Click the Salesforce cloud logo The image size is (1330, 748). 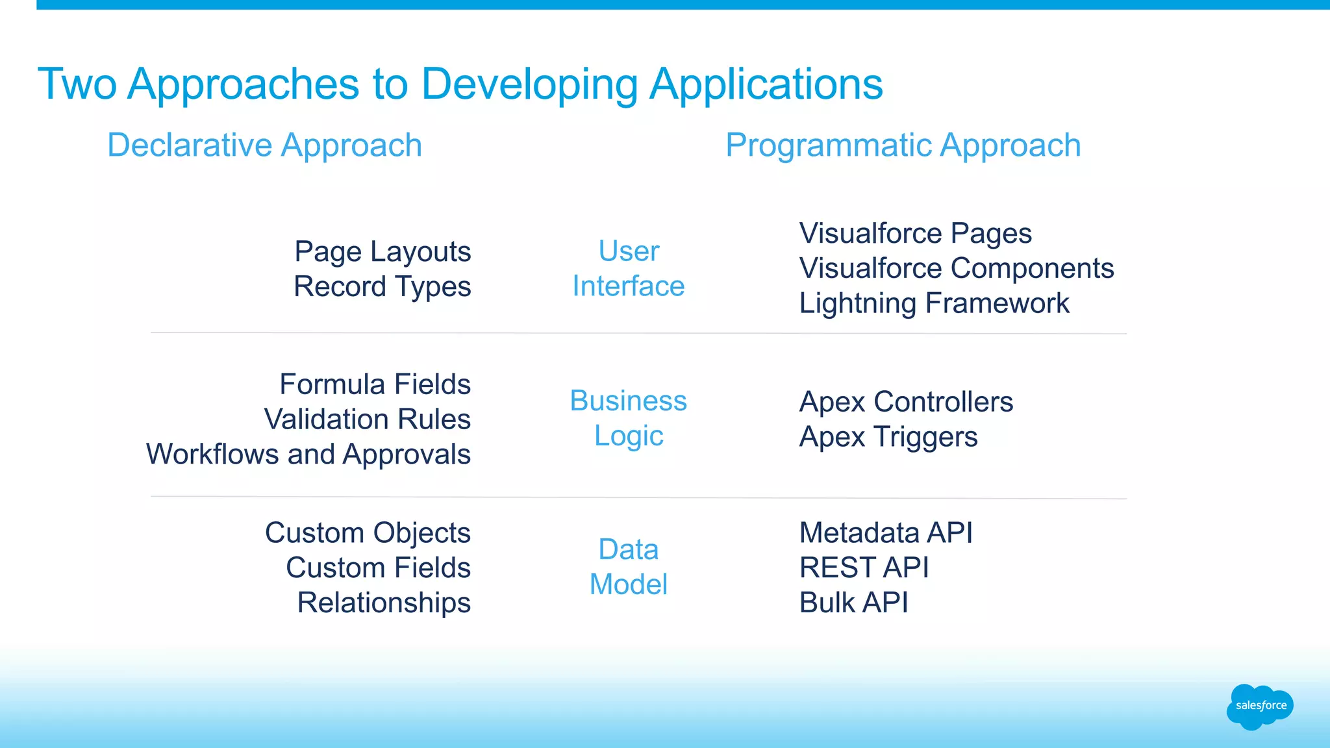[1260, 706]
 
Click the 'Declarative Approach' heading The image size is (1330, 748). [264, 145]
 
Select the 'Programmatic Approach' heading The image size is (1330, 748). [903, 145]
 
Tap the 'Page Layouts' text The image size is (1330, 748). [383, 252]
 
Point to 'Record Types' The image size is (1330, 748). [383, 287]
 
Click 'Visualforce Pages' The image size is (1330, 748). [915, 233]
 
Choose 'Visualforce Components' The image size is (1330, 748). [956, 268]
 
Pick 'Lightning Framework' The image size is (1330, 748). [934, 303]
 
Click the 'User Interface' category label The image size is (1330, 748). [628, 268]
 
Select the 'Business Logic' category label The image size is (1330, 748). [628, 418]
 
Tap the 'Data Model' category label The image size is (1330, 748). [628, 567]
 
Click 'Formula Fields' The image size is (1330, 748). [375, 384]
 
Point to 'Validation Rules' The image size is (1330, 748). [367, 419]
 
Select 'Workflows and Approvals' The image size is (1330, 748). [308, 455]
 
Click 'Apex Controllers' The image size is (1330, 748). [906, 402]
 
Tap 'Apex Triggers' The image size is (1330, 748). [888, 437]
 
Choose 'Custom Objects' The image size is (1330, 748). [368, 533]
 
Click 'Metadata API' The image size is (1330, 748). [886, 533]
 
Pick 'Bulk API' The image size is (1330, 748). [853, 603]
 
